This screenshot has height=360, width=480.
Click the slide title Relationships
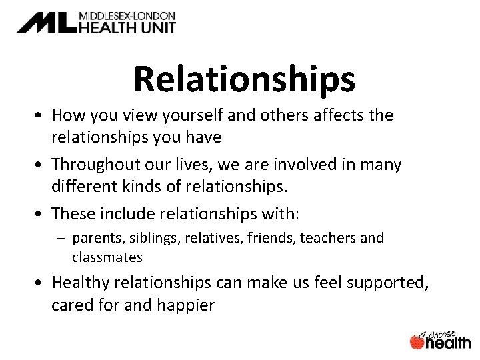click(x=244, y=80)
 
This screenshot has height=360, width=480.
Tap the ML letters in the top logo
click(x=47, y=23)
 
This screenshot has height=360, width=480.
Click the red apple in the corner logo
click(x=417, y=341)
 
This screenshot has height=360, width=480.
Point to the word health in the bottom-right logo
click(x=449, y=342)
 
